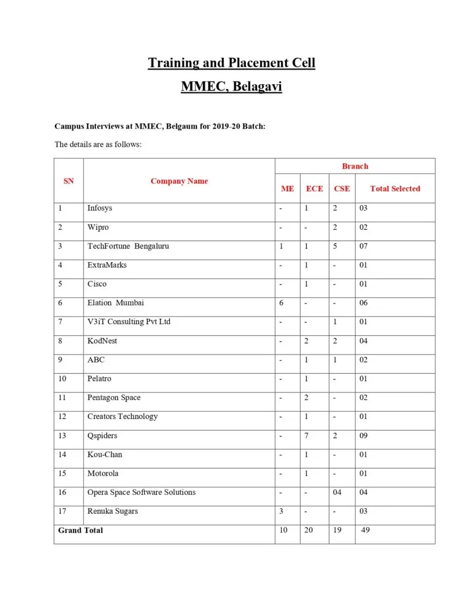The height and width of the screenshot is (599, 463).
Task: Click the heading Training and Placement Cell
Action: [231, 63]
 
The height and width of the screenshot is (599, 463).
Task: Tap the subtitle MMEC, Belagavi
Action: [231, 87]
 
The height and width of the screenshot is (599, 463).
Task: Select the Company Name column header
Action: [179, 181]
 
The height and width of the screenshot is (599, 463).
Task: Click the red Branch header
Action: [355, 166]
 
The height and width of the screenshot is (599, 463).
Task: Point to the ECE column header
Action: [314, 188]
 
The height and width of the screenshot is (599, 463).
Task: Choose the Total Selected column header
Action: [395, 188]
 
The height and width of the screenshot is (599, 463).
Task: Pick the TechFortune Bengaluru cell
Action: [128, 246]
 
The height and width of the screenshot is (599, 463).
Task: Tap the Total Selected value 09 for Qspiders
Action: [363, 435]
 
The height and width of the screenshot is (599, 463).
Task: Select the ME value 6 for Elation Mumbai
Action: [282, 302]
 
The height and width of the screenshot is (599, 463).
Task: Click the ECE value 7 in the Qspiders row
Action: [306, 435]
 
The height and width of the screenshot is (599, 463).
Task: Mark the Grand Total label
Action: [81, 530]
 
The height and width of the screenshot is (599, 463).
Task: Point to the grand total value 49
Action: [365, 530]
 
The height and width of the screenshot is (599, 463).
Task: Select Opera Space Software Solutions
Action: [142, 492]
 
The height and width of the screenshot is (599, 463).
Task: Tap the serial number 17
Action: [62, 511]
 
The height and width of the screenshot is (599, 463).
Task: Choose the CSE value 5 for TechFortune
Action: [335, 246]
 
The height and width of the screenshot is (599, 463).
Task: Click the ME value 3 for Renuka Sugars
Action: [282, 511]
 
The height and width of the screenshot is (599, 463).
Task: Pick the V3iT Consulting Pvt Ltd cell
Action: [129, 322]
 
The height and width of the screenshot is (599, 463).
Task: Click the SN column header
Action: [68, 181]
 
